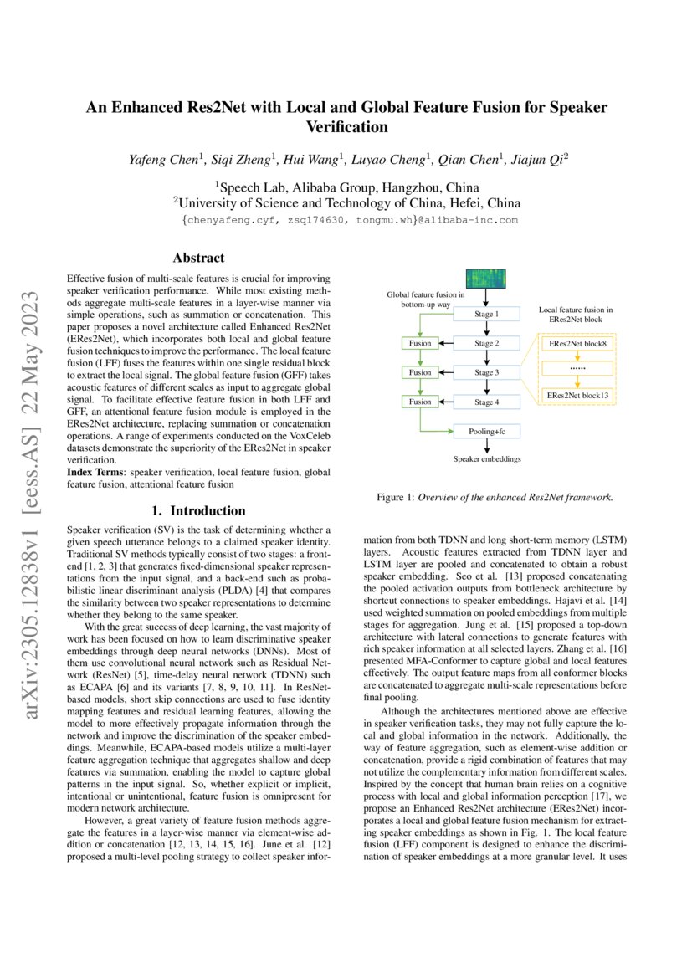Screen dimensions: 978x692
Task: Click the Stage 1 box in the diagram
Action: point(486,315)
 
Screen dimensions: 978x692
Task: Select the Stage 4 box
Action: point(486,402)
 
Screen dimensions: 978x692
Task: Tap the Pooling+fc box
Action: point(486,432)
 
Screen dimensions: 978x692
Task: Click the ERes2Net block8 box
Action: point(578,344)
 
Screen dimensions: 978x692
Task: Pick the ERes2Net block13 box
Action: point(578,394)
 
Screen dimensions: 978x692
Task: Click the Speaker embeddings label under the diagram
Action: point(486,459)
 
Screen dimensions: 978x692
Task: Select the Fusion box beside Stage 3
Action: point(420,372)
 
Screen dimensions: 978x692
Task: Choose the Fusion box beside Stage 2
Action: point(420,343)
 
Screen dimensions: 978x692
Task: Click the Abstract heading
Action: point(197,259)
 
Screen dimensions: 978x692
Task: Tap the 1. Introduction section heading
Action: point(197,510)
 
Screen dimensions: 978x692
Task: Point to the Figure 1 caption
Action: point(495,497)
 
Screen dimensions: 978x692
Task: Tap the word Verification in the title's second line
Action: point(346,127)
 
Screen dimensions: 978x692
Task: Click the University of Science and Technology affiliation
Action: point(346,203)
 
